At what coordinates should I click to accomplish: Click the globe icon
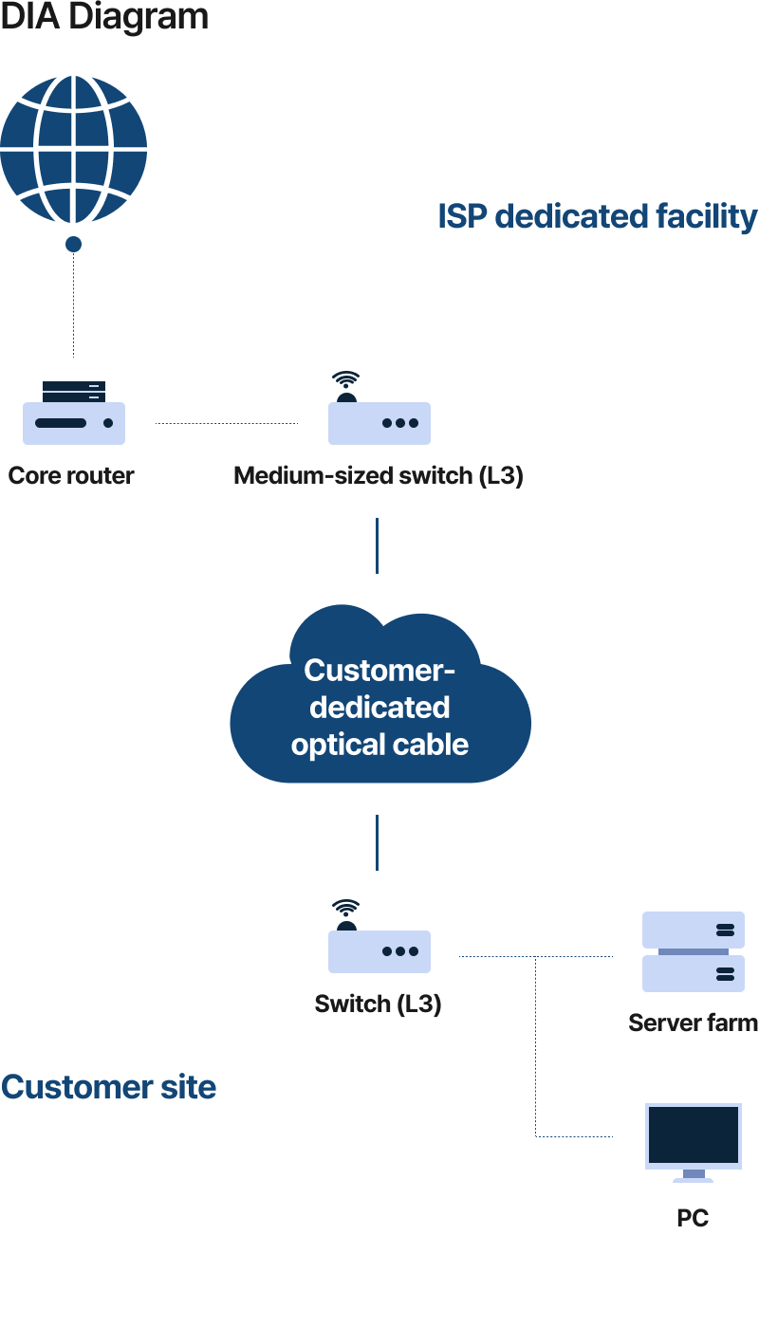[x=74, y=149]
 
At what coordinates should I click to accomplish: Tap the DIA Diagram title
[x=104, y=16]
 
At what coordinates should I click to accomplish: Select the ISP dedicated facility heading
[x=597, y=216]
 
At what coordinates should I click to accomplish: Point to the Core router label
[x=71, y=475]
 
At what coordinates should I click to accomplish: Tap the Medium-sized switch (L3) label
[x=378, y=475]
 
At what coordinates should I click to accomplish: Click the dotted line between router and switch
[x=226, y=423]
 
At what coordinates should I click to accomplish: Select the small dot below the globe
[x=73, y=245]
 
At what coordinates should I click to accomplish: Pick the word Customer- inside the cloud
[x=379, y=671]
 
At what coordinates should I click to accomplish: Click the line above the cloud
[x=378, y=545]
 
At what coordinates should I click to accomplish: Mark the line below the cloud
[x=378, y=842]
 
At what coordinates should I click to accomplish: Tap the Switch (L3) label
[x=378, y=1004]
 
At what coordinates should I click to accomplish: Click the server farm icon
[x=693, y=951]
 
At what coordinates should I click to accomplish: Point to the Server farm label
[x=693, y=1023]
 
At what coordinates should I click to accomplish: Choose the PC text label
[x=693, y=1218]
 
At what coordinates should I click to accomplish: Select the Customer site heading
[x=109, y=1087]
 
